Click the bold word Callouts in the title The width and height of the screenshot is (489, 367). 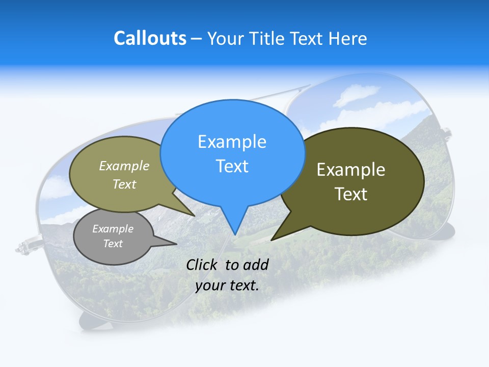click(150, 38)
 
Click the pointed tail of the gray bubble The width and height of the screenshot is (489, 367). click(176, 244)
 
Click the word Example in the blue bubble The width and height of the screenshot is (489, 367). click(232, 142)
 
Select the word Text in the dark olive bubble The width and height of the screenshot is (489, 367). click(350, 194)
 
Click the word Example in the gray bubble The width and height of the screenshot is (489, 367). click(113, 229)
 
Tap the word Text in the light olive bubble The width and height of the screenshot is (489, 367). click(124, 184)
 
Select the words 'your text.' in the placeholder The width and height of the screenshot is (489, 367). click(227, 285)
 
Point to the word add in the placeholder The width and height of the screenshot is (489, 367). click(256, 265)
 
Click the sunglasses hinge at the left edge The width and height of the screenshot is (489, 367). click(24, 247)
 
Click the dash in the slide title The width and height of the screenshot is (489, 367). click(197, 39)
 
